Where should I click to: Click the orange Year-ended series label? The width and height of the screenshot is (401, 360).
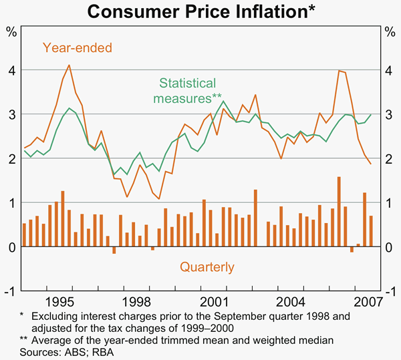[78, 47]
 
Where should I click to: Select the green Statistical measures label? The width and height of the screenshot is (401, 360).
[188, 91]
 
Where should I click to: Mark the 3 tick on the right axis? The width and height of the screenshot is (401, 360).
[389, 114]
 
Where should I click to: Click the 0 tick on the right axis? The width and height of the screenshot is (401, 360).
[389, 247]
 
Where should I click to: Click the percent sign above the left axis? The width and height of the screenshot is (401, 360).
[12, 31]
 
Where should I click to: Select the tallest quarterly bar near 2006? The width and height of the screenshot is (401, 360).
[339, 210]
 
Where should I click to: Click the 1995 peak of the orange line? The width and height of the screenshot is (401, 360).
[70, 65]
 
